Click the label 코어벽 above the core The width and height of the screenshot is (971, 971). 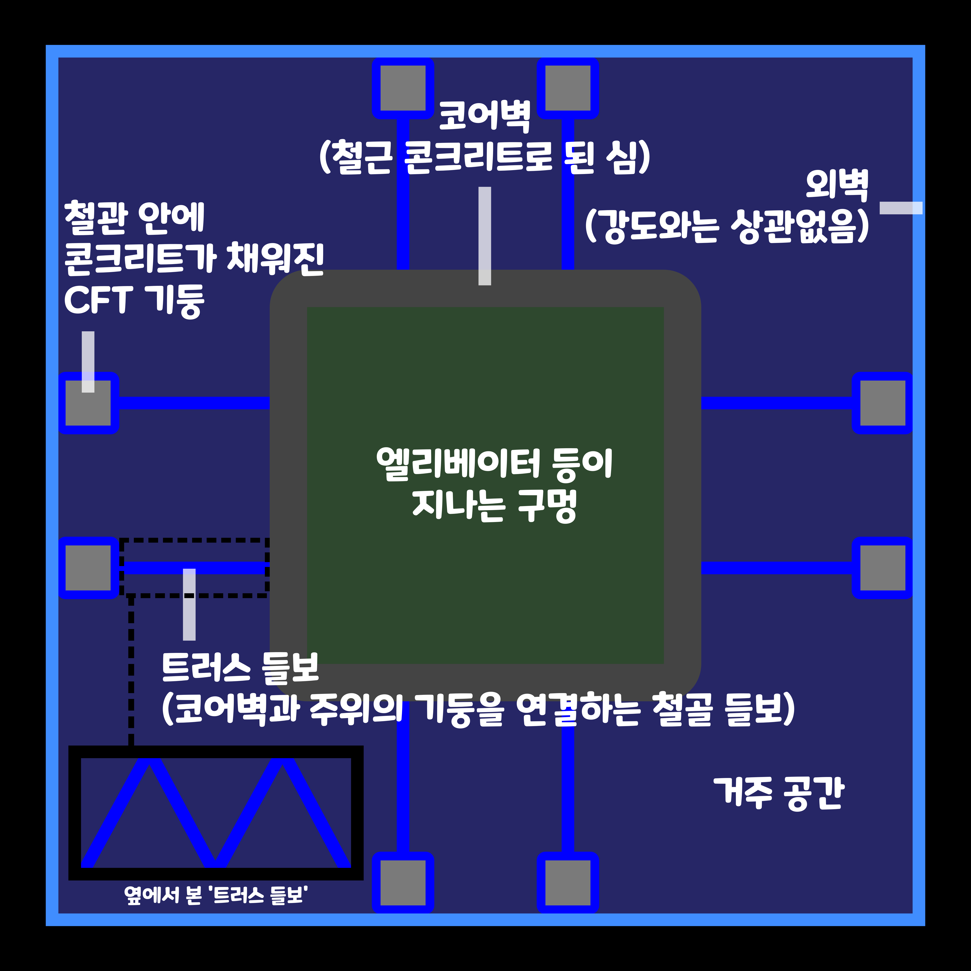click(x=485, y=117)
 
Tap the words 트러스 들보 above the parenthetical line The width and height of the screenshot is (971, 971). click(x=240, y=667)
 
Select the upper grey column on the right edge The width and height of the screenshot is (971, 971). click(x=883, y=403)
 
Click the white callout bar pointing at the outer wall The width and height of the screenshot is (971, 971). click(x=901, y=208)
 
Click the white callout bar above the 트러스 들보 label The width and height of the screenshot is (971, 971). click(x=189, y=604)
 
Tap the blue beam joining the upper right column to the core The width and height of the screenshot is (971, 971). click(x=776, y=403)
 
